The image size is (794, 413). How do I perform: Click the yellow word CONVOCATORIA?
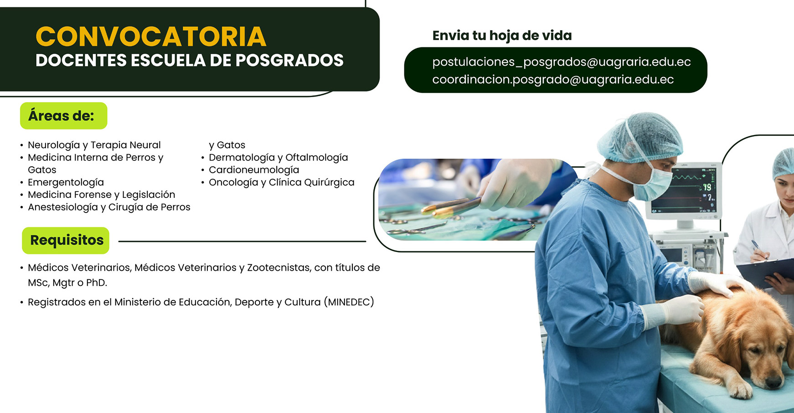151,36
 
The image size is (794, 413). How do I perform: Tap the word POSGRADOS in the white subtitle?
289,61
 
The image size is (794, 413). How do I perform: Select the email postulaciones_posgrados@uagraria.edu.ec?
561,62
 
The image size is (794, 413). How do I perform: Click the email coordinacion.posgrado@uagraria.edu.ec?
552,80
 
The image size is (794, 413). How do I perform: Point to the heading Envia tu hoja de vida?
501,36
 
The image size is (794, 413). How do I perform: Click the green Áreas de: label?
63,116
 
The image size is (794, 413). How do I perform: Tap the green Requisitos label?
66,240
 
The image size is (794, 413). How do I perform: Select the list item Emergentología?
66,182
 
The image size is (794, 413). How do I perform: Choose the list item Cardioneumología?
253,170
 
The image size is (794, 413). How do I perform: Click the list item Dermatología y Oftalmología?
278,158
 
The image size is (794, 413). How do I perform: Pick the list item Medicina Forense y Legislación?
101,195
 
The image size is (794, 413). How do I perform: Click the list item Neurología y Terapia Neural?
94,145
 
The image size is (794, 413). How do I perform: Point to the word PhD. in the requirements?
96,283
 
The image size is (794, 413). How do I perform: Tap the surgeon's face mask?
652,185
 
